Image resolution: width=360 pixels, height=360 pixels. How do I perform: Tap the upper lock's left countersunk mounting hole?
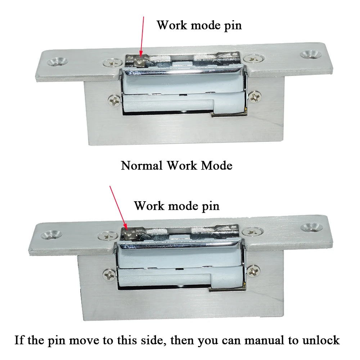click(x=57, y=61)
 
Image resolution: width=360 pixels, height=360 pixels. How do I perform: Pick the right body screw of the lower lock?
click(x=254, y=270)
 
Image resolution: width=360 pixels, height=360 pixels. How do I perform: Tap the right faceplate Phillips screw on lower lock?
click(x=252, y=231)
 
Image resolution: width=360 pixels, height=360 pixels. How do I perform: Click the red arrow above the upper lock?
click(x=142, y=36)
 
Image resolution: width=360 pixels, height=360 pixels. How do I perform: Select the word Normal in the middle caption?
click(x=142, y=166)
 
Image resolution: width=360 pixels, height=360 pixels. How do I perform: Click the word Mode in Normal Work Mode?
click(x=216, y=166)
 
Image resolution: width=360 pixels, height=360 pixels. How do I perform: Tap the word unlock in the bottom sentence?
click(x=319, y=340)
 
